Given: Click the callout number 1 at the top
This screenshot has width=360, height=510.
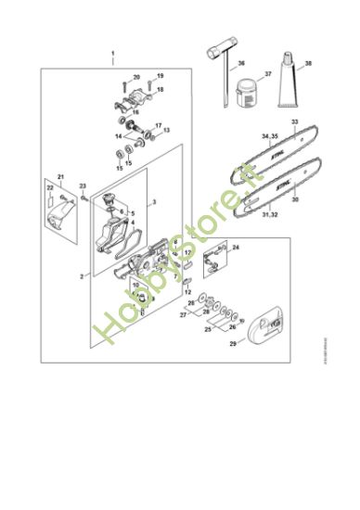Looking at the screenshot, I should click(x=112, y=54).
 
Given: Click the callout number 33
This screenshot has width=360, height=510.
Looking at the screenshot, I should click(x=295, y=121).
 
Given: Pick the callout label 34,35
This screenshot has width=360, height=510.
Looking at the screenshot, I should click(x=270, y=137).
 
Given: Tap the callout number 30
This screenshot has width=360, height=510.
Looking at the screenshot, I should click(x=295, y=198).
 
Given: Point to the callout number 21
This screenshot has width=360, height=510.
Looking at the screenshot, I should click(x=61, y=176).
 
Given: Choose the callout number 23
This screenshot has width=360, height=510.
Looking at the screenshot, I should click(x=82, y=185).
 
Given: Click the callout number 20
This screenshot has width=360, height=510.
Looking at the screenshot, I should click(x=136, y=77).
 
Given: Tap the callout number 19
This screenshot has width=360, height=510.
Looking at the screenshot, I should click(x=160, y=74).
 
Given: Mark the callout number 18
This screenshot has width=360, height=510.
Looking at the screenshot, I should click(x=160, y=90).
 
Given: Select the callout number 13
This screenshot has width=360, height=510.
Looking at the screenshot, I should click(x=167, y=131).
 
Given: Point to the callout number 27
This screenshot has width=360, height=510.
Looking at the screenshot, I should click(x=183, y=315).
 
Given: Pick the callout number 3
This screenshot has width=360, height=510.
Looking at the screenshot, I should click(x=154, y=201).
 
